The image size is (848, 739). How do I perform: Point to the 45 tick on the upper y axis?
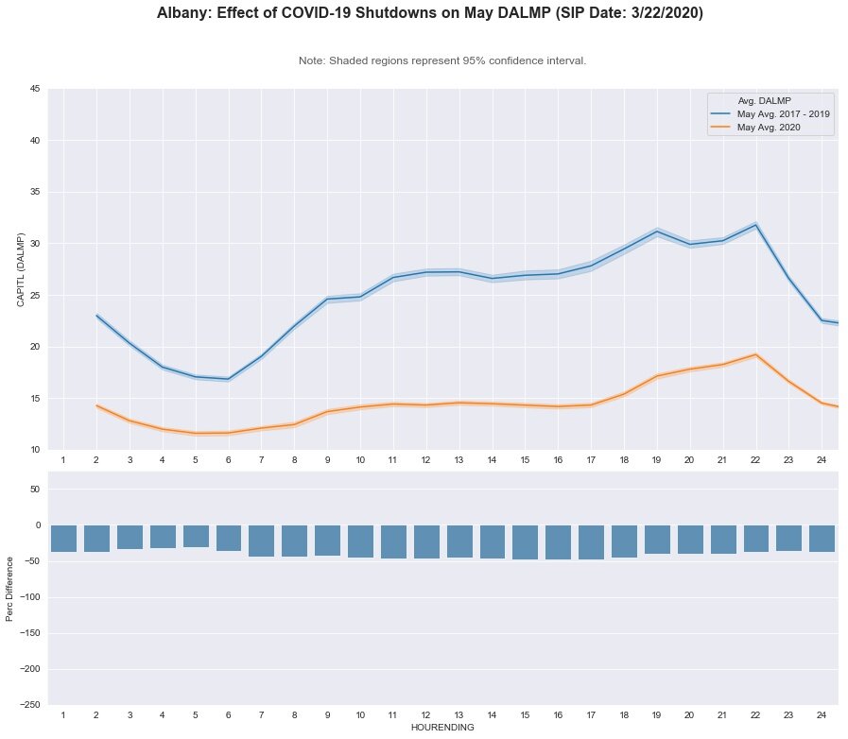(x=33, y=90)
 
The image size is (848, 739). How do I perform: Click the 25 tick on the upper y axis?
(x=33, y=296)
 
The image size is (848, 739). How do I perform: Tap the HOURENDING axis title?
(x=442, y=729)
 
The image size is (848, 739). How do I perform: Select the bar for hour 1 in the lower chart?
(x=63, y=539)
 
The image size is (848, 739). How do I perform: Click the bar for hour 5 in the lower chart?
(x=196, y=537)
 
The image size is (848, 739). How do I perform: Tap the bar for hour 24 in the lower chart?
(x=822, y=539)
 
